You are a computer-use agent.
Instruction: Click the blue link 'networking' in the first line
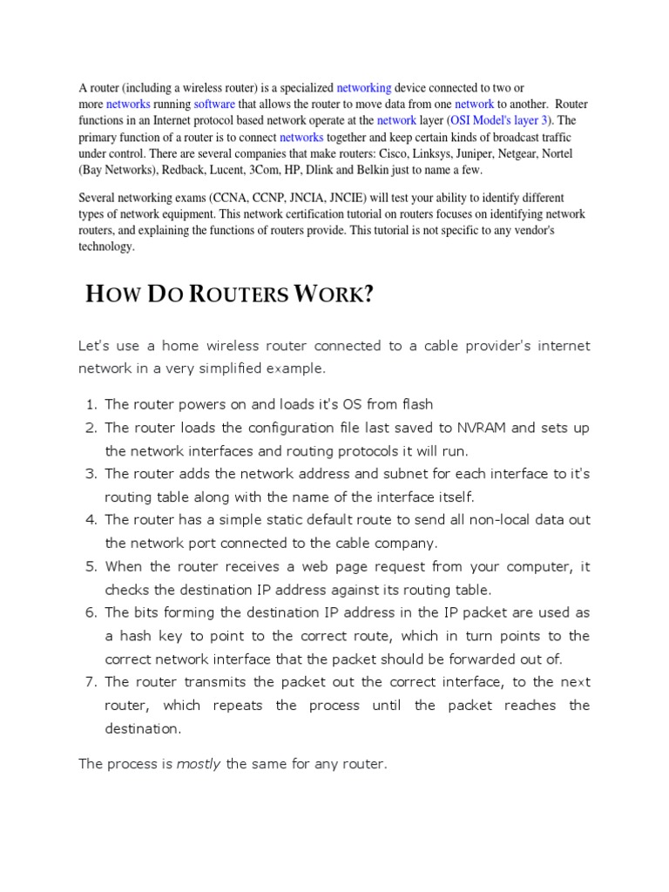pyautogui.click(x=363, y=88)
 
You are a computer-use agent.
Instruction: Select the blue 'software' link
pyautogui.click(x=214, y=104)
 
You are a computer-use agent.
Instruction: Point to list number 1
pyautogui.click(x=91, y=404)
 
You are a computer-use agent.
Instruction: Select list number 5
pyautogui.click(x=91, y=566)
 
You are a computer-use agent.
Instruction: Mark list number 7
pyautogui.click(x=91, y=682)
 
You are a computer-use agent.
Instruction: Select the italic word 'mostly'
pyautogui.click(x=199, y=764)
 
